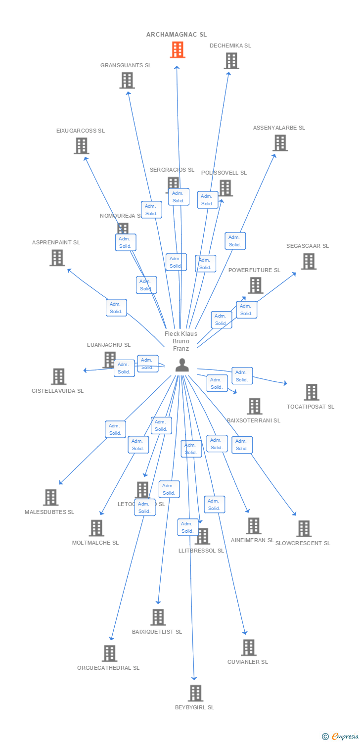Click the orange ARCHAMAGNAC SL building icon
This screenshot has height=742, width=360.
pos(178,50)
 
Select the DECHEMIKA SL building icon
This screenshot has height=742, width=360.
pos(231,61)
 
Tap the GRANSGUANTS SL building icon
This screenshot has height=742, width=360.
pos(127,80)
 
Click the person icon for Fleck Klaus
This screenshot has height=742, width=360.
pos(182,365)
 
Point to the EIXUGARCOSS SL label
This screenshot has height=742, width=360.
pos(81,131)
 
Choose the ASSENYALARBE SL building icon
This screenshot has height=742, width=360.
pos(280,143)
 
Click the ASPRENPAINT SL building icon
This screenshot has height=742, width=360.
pos(57,258)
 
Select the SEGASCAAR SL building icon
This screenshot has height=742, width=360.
pos(309,261)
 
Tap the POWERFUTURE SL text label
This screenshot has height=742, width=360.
pos(254,270)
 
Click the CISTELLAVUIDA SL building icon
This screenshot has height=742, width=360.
pos(58,376)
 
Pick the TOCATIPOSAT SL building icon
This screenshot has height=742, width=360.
pos(312,392)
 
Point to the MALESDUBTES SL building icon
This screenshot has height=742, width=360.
pos(51,497)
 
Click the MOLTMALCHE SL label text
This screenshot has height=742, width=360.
pos(95,543)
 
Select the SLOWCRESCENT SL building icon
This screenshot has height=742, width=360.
pos(304,528)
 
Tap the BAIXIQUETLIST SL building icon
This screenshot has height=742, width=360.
pos(158,617)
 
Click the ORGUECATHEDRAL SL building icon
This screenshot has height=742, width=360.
pos(109,653)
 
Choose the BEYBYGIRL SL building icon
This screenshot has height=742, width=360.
pos(196,693)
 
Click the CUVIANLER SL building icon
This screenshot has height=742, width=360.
pos(249,648)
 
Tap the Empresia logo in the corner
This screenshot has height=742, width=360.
pos(341,737)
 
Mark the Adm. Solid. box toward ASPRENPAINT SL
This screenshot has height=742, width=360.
pos(116,308)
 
